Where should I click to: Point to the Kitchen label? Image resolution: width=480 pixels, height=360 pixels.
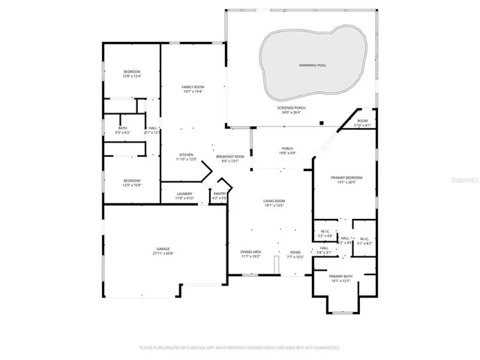[x=186, y=157]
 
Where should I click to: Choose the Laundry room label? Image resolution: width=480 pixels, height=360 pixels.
[x=184, y=196]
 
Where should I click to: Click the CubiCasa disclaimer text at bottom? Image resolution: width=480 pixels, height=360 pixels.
[x=239, y=348]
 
